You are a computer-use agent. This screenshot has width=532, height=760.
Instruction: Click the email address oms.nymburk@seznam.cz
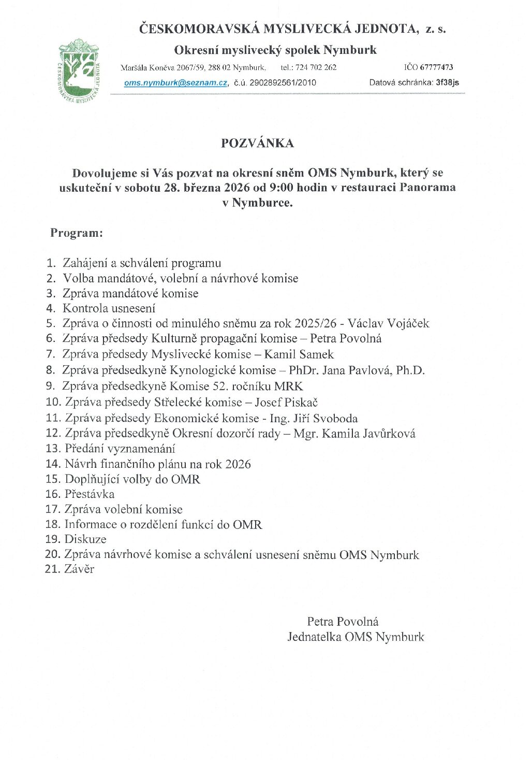(175, 82)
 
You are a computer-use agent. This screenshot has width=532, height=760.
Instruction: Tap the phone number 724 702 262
(316, 67)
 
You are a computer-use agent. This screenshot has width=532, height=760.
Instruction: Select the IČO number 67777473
(436, 67)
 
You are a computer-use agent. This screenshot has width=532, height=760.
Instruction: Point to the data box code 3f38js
(447, 82)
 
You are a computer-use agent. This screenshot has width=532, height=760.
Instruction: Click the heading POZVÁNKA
(257, 144)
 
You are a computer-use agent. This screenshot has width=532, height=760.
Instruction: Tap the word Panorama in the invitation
(427, 188)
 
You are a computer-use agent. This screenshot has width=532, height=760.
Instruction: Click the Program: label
(77, 233)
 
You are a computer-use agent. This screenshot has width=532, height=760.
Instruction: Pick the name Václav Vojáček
(388, 324)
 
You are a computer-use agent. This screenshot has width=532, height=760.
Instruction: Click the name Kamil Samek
(299, 354)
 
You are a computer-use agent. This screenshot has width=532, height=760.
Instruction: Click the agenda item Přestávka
(90, 494)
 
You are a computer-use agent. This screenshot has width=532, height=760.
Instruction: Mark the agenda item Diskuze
(85, 539)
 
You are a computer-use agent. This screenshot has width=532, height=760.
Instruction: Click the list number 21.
(52, 569)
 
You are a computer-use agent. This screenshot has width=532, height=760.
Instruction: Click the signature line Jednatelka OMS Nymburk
(356, 637)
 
